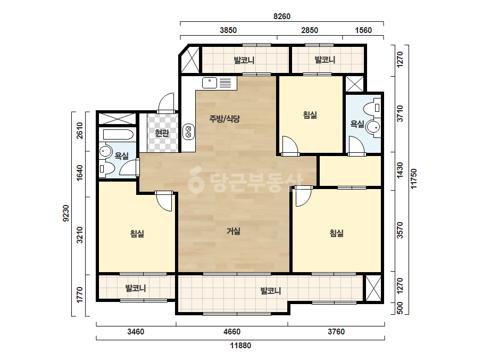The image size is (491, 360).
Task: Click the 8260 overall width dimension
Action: tap(282, 17)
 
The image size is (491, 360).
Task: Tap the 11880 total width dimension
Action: tap(240, 346)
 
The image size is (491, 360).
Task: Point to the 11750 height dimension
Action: tap(414, 179)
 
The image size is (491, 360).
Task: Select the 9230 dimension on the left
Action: tap(65, 213)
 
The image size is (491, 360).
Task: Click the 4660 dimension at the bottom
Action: tap(232, 331)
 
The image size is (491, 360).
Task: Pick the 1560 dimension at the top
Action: tap(363, 30)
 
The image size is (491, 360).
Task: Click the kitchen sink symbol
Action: tap(210, 83)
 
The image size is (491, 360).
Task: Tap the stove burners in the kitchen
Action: tap(188, 132)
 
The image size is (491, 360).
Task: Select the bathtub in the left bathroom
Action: tap(118, 135)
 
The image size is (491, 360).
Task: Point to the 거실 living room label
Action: tap(234, 231)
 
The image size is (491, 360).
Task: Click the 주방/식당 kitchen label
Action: tap(224, 119)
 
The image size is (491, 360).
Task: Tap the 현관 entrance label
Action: tap(162, 133)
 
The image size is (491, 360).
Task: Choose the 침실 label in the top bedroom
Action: tap(310, 115)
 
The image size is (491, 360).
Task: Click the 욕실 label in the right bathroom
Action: tap(357, 124)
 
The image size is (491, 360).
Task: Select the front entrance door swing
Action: tap(167, 103)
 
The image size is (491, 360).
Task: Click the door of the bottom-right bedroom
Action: tap(303, 197)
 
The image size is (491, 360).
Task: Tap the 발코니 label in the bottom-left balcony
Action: tap(136, 288)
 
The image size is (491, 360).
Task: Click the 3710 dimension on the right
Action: tap(400, 113)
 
